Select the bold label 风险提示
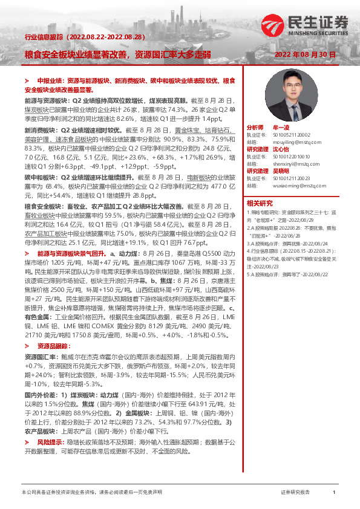(x=50, y=426)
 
